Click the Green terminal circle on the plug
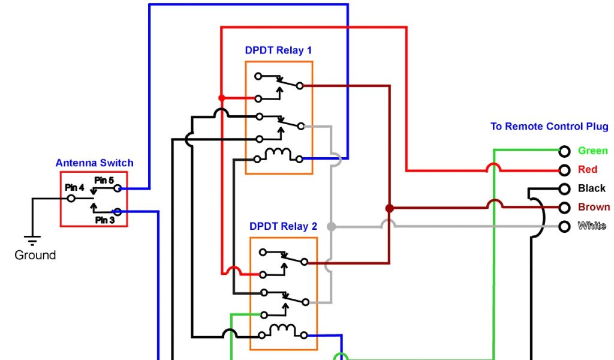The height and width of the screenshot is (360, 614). point(564,151)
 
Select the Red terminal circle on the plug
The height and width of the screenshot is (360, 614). point(564,170)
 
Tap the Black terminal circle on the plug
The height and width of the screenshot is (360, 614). point(564,189)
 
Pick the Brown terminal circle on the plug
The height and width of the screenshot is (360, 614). point(564,208)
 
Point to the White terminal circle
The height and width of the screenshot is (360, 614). point(564,226)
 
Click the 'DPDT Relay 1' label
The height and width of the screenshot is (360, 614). point(278,50)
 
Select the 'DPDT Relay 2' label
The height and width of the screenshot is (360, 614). point(283,227)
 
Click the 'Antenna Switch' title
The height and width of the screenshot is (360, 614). point(94,163)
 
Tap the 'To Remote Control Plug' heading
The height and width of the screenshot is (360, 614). point(549,127)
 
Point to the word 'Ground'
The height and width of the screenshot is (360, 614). point(35,255)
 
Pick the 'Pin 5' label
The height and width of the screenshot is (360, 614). point(104,180)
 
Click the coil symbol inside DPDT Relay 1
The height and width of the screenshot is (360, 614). point(278,155)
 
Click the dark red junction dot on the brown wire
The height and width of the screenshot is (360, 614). point(389,208)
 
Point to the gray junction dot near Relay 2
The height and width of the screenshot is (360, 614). point(330,227)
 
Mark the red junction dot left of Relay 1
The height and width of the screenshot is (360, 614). point(221,98)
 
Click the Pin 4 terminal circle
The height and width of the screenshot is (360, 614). point(71,198)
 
